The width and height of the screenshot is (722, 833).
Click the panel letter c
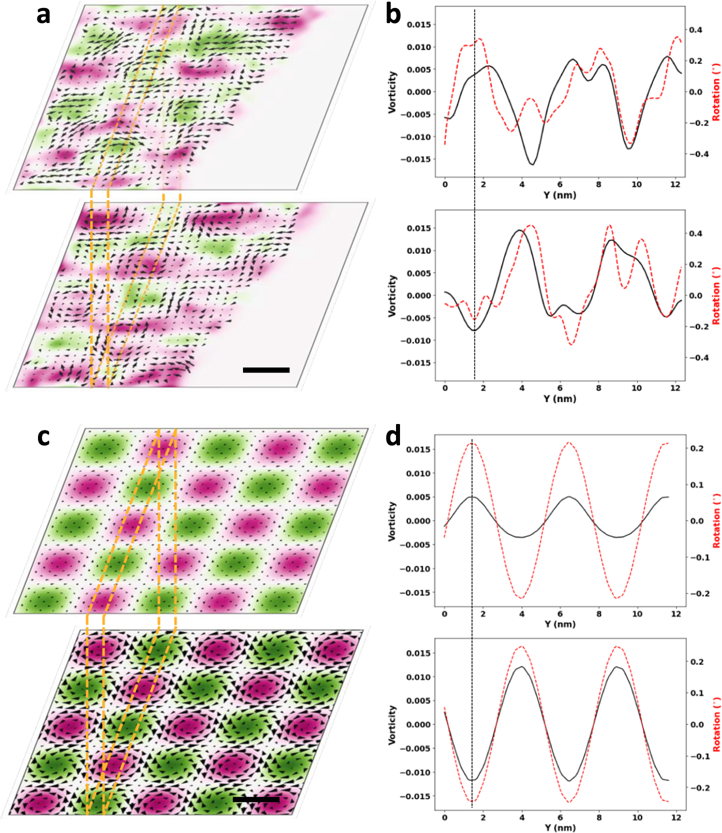(x=43, y=436)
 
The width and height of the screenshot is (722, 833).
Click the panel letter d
(x=393, y=436)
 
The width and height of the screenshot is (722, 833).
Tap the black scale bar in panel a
(x=266, y=370)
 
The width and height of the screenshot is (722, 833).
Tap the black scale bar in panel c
(x=256, y=799)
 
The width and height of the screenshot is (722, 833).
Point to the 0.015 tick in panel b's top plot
(x=418, y=24)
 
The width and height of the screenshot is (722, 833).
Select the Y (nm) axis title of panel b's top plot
(x=560, y=195)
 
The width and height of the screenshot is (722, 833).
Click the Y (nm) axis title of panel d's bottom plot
(x=560, y=827)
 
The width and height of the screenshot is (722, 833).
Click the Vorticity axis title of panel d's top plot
(x=392, y=521)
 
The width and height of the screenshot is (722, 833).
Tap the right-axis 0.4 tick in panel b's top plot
(x=695, y=30)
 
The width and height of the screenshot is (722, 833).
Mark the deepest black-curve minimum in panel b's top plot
(x=532, y=164)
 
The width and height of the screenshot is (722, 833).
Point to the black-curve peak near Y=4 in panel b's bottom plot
(x=520, y=230)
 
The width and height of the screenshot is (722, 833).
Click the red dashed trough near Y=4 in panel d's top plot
(x=521, y=598)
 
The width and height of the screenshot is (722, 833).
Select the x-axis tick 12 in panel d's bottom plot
(x=676, y=817)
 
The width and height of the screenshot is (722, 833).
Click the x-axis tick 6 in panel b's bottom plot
(x=560, y=388)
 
